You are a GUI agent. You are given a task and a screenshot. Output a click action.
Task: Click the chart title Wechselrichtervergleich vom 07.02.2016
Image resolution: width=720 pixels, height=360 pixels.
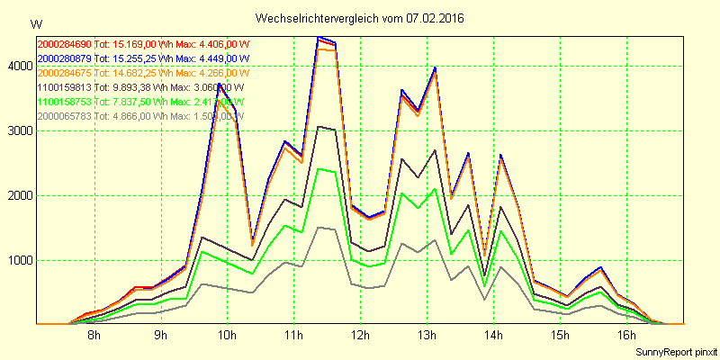[359, 18]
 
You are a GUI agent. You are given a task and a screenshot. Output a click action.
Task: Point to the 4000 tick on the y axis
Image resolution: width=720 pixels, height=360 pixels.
[19, 66]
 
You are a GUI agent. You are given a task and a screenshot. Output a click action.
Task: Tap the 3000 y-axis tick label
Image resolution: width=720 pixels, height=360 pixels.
[19, 130]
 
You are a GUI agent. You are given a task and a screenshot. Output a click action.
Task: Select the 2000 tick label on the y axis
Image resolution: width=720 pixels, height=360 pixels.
[19, 195]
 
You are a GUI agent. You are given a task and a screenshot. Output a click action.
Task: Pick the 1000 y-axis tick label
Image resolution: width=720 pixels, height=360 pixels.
[19, 260]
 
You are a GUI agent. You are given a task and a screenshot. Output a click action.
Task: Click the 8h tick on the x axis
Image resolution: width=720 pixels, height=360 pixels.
[94, 336]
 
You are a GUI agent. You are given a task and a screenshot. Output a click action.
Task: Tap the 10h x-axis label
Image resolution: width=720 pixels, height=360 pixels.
[227, 336]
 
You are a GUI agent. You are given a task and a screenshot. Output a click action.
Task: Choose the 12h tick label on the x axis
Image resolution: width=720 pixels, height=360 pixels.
[359, 336]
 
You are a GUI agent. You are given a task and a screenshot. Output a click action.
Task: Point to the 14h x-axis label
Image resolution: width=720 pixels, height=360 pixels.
[492, 336]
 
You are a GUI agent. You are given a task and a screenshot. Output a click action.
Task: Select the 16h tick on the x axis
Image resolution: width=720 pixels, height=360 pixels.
[625, 336]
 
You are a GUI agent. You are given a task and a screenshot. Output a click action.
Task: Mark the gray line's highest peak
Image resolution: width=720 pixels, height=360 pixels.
[319, 227]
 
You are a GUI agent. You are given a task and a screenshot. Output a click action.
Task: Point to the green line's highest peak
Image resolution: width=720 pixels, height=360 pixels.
[319, 169]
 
